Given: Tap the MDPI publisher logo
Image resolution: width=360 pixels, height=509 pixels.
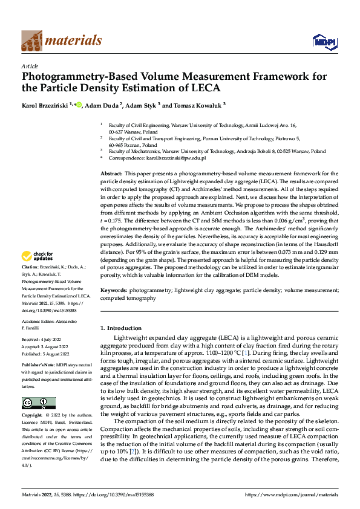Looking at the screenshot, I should pyautogui.click(x=324, y=41).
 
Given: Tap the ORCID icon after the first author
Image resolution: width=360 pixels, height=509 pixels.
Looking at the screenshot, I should pyautogui.click(x=79, y=105).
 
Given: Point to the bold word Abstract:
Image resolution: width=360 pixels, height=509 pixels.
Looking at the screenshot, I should pyautogui.click(x=111, y=173).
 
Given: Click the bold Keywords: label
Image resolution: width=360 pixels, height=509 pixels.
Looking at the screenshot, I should pyautogui.click(x=113, y=290).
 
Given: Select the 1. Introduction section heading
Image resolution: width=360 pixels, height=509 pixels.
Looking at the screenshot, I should pyautogui.click(x=120, y=328).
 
